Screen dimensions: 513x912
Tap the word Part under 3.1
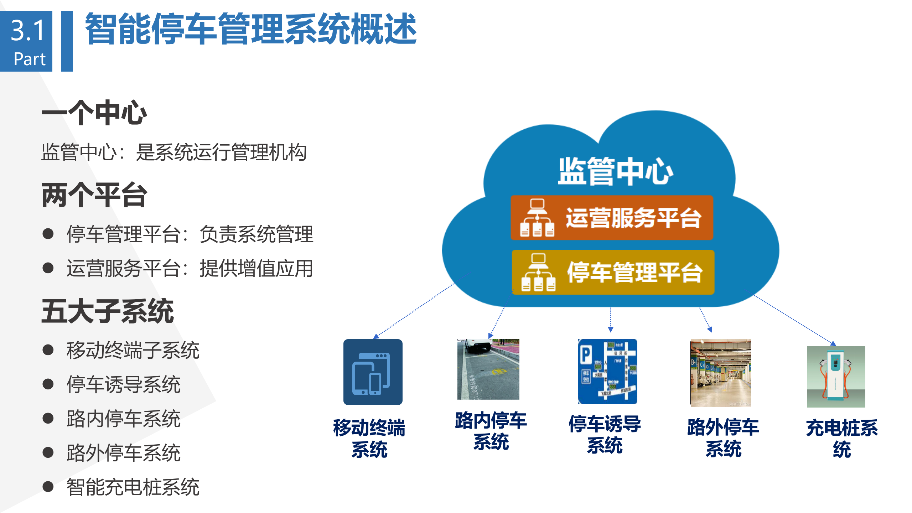[29, 59]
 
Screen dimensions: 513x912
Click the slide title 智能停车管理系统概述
[250, 29]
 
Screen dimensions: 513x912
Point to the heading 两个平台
[94, 195]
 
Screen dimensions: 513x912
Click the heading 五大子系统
[107, 311]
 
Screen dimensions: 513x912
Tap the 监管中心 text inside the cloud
[615, 171]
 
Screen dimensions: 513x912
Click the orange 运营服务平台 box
[612, 218]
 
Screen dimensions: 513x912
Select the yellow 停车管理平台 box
[613, 272]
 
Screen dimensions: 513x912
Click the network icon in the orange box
[537, 218]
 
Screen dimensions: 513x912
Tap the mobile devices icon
[373, 372]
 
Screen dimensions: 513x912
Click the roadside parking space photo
[488, 369]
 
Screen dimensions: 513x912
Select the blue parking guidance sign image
[607, 371]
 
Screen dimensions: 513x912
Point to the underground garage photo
[720, 373]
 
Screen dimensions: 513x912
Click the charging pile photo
[836, 376]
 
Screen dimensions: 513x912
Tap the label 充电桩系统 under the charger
[841, 438]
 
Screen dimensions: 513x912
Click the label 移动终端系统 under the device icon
[369, 438]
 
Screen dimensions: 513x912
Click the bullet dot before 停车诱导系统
[48, 384]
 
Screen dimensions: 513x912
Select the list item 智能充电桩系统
[133, 487]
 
